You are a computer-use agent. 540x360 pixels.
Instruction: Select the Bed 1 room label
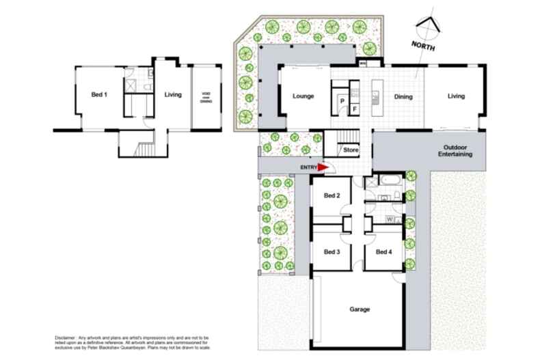(x=100, y=94)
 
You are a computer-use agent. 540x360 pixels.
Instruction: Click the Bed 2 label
(x=332, y=195)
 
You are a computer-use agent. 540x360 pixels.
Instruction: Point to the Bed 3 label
(x=332, y=251)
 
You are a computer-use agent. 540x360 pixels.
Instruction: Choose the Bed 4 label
(x=383, y=251)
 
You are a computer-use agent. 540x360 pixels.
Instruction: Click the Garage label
(x=360, y=309)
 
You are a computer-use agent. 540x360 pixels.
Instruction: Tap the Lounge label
(x=303, y=96)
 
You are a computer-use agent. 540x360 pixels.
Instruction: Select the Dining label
(x=403, y=96)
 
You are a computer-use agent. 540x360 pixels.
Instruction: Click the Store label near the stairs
(x=351, y=150)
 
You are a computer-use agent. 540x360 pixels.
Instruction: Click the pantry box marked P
(x=342, y=100)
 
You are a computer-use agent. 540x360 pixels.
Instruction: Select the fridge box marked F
(x=354, y=109)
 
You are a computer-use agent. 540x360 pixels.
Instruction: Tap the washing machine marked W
(x=389, y=219)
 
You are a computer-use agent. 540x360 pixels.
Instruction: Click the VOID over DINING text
(x=206, y=96)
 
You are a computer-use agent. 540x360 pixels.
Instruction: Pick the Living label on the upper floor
(x=173, y=94)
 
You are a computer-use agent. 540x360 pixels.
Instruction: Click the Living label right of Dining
(x=456, y=96)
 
